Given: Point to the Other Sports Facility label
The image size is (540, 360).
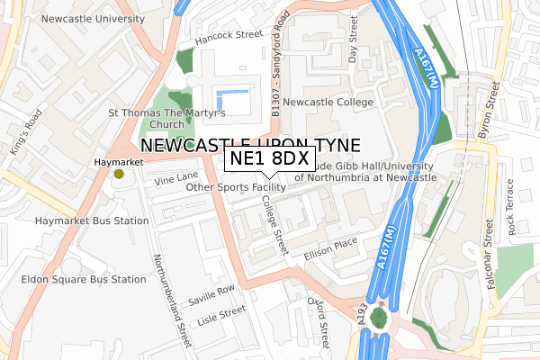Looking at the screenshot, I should click(236, 187).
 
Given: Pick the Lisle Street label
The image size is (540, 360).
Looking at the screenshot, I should click(221, 315).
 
